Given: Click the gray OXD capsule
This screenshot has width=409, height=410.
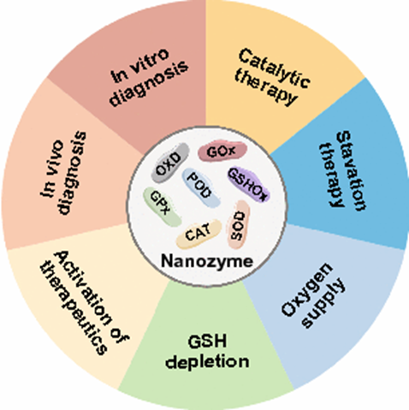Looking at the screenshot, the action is (169, 163).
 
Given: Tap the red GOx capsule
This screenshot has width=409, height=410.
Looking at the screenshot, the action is (222, 152).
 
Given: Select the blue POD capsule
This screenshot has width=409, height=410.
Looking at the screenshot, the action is (201, 187).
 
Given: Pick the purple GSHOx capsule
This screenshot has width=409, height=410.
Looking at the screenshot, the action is (248, 185).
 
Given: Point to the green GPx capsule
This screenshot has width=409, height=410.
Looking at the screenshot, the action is (162, 206).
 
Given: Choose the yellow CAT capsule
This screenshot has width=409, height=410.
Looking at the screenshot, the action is (199, 234).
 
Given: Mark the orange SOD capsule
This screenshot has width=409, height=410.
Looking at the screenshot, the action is (238, 224).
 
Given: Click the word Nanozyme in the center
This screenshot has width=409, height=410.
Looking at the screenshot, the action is (207, 261).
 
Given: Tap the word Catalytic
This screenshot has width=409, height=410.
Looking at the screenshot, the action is (275, 68).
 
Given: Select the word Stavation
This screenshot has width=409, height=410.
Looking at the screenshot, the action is (352, 170).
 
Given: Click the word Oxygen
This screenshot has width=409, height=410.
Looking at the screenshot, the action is (307, 290).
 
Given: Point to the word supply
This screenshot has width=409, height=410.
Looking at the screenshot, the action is (323, 303).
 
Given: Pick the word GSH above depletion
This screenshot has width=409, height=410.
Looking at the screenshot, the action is (207, 341).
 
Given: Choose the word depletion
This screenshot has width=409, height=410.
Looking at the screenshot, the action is (207, 362).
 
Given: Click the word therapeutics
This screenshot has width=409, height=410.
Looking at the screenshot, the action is (74, 309).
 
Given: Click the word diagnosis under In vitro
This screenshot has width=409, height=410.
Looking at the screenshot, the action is (149, 83).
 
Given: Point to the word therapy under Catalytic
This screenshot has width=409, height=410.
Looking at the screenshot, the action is (266, 87).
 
